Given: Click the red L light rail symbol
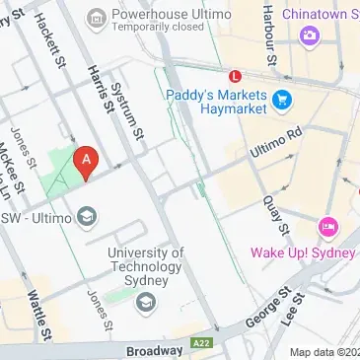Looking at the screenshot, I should pyautogui.click(x=235, y=75).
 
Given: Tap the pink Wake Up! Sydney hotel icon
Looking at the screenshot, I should pyautogui.click(x=327, y=228).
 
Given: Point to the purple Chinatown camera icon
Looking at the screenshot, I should pyautogui.click(x=310, y=35).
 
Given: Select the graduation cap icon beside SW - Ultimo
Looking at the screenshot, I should pyautogui.click(x=88, y=216).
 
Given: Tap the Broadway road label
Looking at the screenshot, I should pyautogui.click(x=155, y=350).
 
